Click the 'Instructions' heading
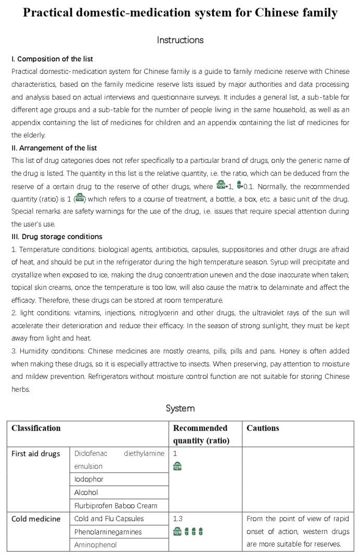(180, 40)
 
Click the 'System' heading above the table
(180, 408)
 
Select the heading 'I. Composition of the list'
(52, 59)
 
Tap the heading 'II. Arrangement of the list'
(54, 148)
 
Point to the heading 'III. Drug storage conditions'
(57, 236)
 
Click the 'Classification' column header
(36, 428)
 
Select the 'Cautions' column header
(263, 428)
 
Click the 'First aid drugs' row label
(36, 453)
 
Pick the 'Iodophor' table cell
(89, 479)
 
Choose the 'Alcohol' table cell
(86, 492)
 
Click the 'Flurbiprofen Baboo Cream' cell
(115, 505)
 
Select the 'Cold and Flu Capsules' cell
(109, 518)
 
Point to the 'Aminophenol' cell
(95, 545)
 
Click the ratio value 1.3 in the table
(178, 518)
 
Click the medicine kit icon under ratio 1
(177, 466)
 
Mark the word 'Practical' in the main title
(48, 12)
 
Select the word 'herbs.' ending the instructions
(21, 389)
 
